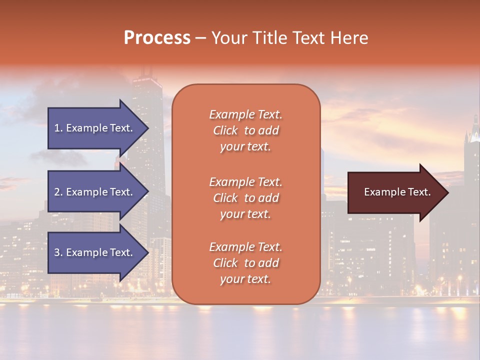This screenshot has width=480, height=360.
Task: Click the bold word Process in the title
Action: point(157,38)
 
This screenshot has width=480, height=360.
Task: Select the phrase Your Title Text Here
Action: point(289,38)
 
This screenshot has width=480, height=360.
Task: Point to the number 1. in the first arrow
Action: point(58,128)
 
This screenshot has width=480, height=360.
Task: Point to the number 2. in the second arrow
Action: point(58,192)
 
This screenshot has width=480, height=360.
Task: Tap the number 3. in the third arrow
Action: point(58,252)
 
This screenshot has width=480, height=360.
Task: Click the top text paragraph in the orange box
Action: point(245,130)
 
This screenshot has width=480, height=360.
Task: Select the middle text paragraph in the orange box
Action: point(245,198)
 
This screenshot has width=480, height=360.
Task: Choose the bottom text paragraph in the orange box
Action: point(245,263)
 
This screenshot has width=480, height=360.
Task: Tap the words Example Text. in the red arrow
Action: point(397,192)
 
